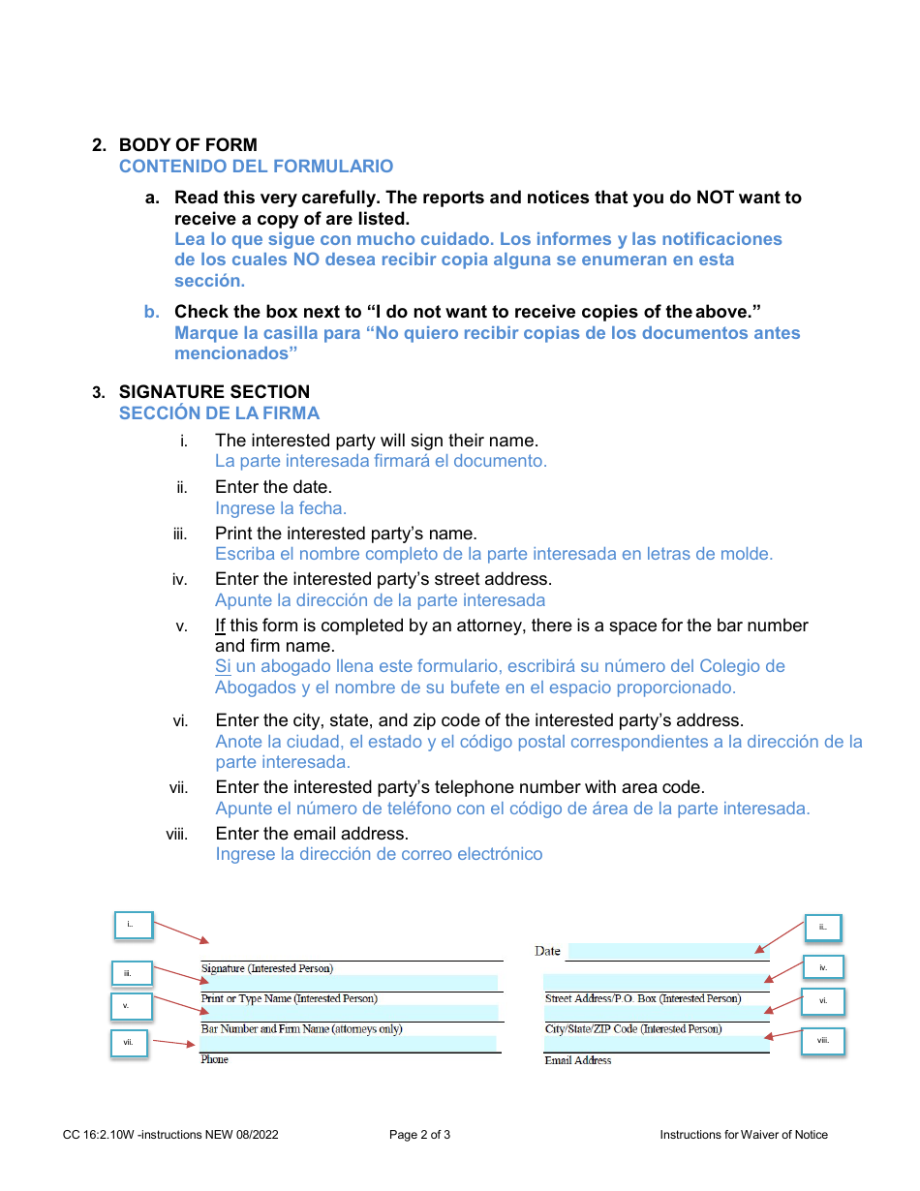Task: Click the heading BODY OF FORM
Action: click(x=188, y=145)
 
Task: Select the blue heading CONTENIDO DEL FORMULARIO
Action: click(x=256, y=167)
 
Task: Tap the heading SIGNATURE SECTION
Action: click(x=214, y=392)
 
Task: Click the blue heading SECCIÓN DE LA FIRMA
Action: click(x=219, y=413)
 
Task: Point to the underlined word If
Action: click(x=220, y=626)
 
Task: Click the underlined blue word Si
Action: click(x=223, y=666)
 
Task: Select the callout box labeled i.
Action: click(x=131, y=925)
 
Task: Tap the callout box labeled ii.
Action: click(x=823, y=927)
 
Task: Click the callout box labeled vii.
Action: click(x=129, y=1043)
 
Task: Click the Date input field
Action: click(x=667, y=951)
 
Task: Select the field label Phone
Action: click(x=215, y=1060)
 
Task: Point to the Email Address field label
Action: click(x=578, y=1061)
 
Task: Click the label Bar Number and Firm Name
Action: click(x=301, y=1029)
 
